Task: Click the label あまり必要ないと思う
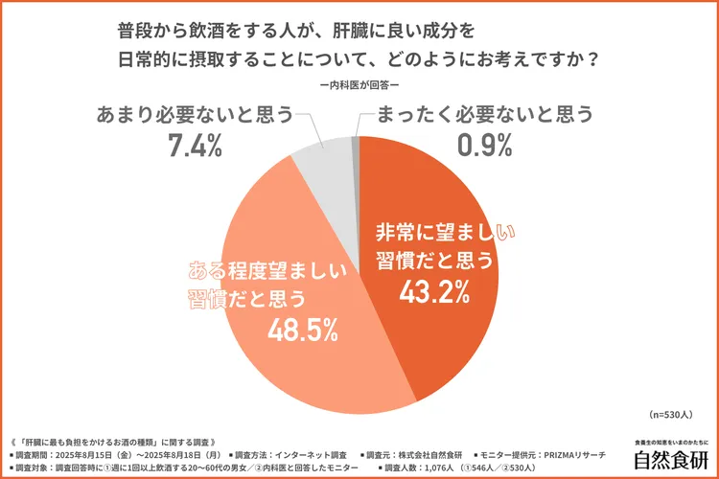[x=196, y=114]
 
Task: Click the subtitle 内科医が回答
[x=359, y=86]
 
